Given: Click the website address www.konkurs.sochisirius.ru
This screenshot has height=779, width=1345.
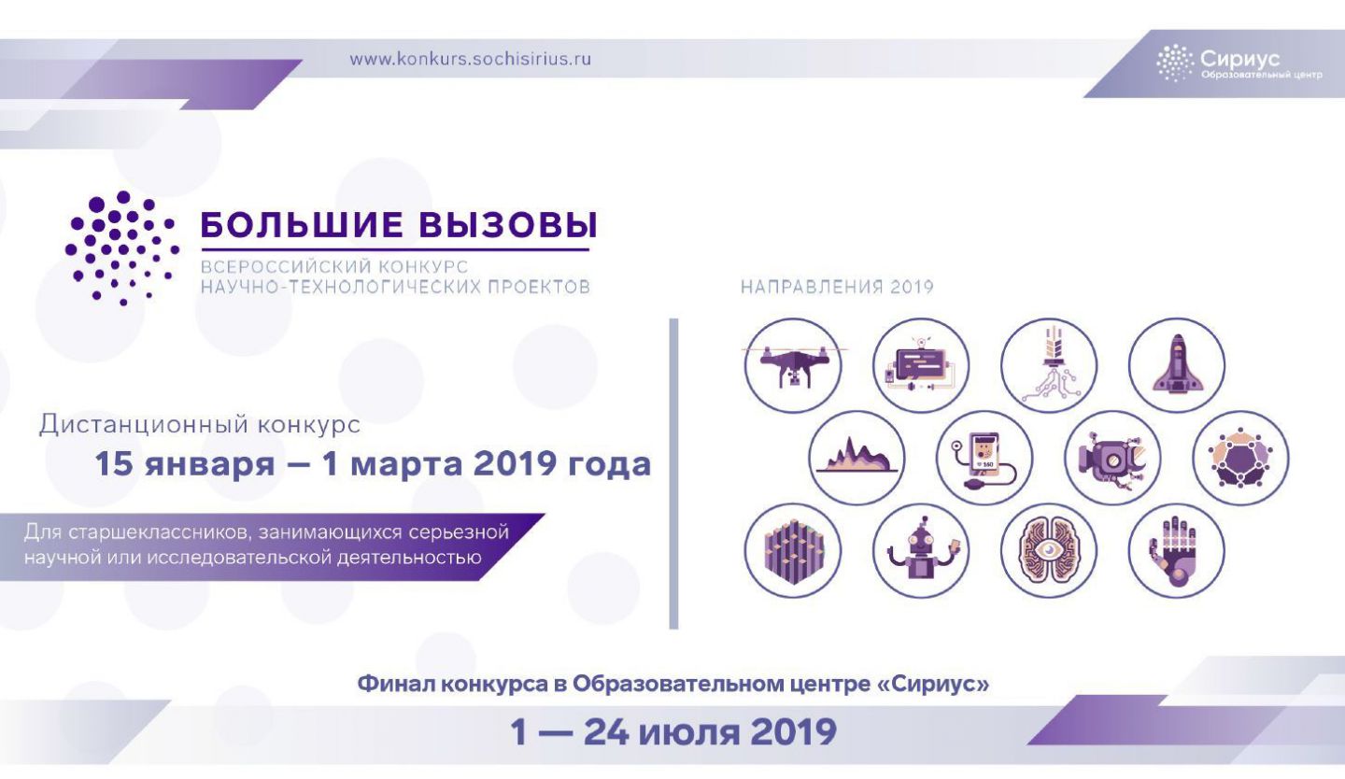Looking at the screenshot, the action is pos(470,60).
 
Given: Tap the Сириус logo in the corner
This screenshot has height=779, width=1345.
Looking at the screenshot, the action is pos(1239,64).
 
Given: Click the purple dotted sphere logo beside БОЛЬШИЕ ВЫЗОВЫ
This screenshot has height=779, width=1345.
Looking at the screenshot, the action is pos(122,248).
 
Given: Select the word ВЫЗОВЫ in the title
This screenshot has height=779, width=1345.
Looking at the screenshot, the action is pos(508,224).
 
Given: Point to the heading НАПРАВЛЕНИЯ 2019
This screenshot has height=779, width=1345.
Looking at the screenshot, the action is pos(837,287).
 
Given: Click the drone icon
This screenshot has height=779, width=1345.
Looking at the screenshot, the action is pos(793,365).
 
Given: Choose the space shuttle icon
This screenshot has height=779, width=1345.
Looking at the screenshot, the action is pos(1176,365).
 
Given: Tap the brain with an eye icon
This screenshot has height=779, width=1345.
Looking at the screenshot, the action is pos(1048,550).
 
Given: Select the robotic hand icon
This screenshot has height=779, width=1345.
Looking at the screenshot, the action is pos(1176,550).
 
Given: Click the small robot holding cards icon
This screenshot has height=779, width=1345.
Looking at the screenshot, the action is pos(921,550).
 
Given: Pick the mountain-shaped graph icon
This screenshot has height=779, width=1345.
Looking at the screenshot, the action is pos(857,458).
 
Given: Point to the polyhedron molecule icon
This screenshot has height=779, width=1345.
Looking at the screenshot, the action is pos(1240,458).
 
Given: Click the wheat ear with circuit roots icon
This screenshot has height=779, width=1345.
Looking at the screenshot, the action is pos(1048,365).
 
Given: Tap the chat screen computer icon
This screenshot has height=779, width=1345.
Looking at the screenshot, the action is pos(921,365).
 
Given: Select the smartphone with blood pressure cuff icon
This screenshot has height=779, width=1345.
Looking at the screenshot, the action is pos(984,458).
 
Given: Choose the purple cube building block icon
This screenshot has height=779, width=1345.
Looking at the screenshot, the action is pos(793,550).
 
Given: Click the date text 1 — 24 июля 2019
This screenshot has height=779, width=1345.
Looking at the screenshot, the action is pos(673,731).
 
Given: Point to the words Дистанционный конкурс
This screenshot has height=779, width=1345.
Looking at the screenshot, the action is pos(200,425).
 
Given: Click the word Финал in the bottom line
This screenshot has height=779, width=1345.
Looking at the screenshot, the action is pos(395,684).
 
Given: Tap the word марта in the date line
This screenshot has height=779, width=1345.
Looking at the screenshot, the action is pos(406,464).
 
